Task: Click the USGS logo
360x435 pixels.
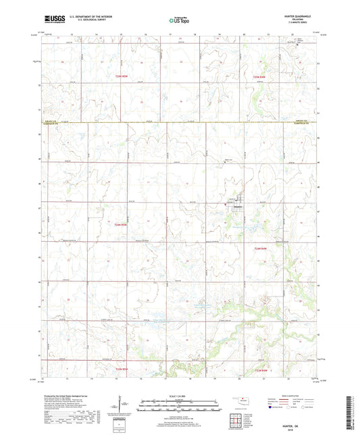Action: pyautogui.click(x=52, y=21)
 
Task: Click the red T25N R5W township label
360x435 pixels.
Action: pyautogui.click(x=120, y=78)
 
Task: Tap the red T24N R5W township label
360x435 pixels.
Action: pyautogui.click(x=120, y=225)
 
